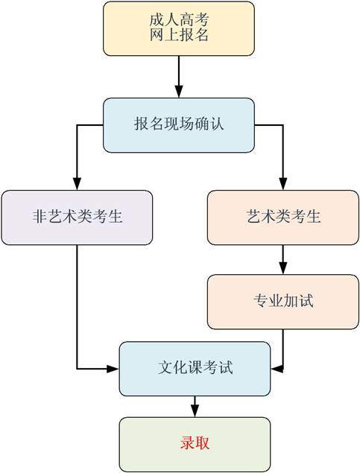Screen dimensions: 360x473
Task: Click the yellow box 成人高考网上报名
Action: (179, 28)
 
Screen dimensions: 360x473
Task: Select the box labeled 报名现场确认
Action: (179, 125)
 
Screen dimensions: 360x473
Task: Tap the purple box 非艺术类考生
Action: (77, 218)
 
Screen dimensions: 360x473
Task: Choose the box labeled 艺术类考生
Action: (283, 218)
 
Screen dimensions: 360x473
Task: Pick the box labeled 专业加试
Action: (283, 302)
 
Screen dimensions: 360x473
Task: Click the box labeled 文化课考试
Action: (195, 369)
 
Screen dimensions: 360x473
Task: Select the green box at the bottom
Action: (195, 445)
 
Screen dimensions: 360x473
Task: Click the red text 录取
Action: (195, 443)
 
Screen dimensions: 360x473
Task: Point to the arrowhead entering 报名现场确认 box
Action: (179, 92)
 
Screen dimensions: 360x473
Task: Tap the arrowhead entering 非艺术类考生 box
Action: (77, 183)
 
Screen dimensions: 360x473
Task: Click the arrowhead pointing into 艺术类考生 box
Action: (283, 183)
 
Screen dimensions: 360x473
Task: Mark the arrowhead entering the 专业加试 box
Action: (283, 268)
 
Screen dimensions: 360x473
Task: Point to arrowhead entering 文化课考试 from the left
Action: (113, 368)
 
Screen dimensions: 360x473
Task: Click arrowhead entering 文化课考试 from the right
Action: (277, 368)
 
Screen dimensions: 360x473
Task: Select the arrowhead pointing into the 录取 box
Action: (195, 411)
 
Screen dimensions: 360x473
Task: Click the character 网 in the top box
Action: (157, 35)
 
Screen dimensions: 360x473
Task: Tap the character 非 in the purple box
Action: (40, 216)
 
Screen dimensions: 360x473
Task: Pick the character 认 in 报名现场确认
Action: (217, 124)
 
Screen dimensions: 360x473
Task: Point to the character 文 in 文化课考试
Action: (165, 367)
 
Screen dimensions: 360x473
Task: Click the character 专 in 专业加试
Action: (261, 300)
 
